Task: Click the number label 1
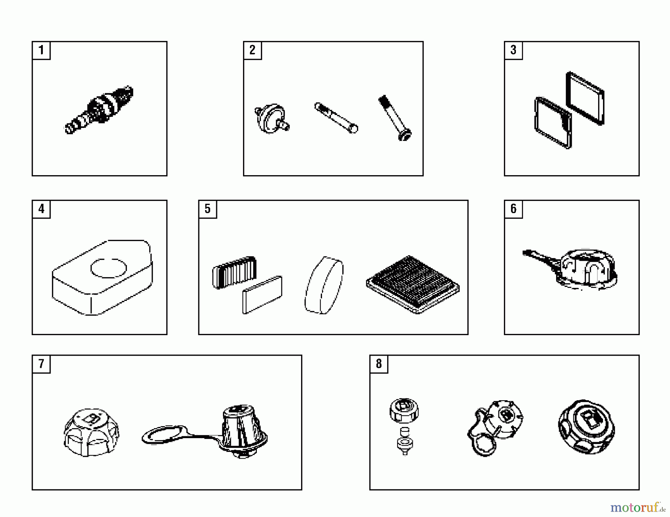point(41,50)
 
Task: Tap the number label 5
point(207,209)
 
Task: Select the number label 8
point(379,363)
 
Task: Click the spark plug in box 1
point(99,110)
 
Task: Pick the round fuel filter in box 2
point(272,118)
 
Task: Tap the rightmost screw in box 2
point(395,118)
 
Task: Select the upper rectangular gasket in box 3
point(585,98)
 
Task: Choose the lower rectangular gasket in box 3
point(553,122)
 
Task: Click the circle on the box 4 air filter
point(109,268)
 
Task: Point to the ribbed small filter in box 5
point(234,272)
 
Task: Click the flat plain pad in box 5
point(262,295)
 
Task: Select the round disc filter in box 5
point(324,285)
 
